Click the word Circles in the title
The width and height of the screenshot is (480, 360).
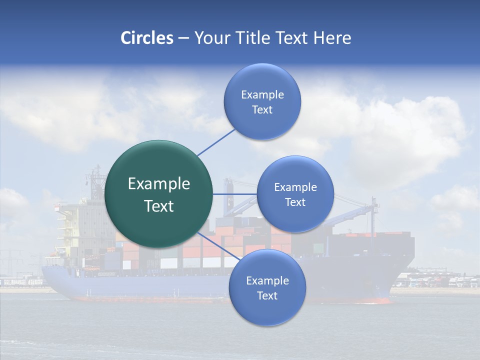tap(147, 38)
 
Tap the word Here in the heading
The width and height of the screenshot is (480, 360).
tap(332, 38)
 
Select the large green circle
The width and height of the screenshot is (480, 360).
tap(158, 194)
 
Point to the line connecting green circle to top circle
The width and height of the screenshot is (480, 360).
tap(216, 141)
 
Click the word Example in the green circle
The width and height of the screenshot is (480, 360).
tap(158, 184)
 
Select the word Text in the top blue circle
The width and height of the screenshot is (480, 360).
tap(262, 110)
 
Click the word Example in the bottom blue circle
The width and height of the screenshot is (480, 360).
tap(267, 280)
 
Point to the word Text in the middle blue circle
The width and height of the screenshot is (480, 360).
tap(295, 202)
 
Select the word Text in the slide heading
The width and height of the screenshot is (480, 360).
tap(291, 38)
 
